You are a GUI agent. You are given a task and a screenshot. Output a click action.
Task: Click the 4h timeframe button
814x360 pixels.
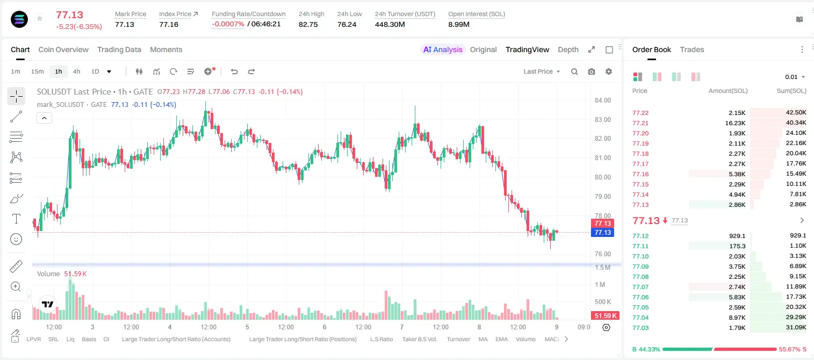(76, 71)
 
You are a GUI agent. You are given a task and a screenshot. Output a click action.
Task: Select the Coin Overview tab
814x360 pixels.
(63, 49)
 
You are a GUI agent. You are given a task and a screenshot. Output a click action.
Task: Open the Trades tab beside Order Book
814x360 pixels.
(691, 49)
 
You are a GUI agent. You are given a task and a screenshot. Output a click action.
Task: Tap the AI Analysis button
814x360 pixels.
(443, 49)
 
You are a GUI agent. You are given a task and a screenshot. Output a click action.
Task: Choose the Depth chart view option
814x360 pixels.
(568, 49)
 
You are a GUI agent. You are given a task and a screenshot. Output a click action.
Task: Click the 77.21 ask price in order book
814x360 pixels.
(640, 123)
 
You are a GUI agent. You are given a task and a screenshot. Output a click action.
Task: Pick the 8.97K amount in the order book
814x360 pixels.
(737, 318)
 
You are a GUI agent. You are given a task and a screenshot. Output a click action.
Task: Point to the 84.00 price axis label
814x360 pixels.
(602, 100)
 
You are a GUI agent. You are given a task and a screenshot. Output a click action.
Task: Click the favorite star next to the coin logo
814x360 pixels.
(40, 18)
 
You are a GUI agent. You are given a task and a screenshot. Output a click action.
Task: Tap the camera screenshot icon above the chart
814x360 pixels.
(592, 71)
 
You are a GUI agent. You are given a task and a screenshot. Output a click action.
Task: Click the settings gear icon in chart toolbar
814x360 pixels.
(609, 71)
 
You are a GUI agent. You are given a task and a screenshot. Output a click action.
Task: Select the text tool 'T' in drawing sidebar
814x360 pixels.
(16, 219)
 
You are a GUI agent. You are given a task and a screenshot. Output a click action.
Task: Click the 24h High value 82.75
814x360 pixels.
(308, 24)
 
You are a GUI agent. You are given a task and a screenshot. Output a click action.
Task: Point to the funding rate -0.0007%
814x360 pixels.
(228, 24)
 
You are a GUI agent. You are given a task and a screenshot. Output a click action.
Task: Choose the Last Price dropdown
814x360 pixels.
(542, 71)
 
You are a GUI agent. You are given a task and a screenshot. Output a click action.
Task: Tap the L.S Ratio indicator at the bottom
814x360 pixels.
(381, 339)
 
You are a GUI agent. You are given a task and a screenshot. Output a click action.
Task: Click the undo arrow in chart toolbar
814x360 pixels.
(234, 71)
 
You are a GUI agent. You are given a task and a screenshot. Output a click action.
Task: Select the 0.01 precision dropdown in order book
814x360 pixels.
(795, 77)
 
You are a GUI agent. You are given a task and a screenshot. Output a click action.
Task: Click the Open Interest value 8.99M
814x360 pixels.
(459, 24)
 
